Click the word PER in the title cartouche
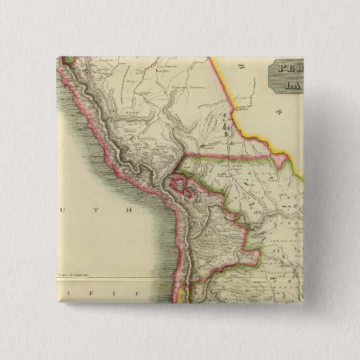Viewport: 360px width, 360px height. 289,69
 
